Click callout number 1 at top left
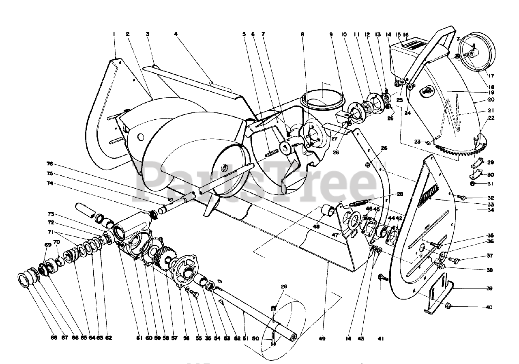coord(114,34)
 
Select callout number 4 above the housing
coord(176,34)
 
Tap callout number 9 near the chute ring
coord(331,34)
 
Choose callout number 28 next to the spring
coord(400,194)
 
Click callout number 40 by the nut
coord(489,307)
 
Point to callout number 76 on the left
coord(49,164)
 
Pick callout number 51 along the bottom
coord(243,338)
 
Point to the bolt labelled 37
coord(454,260)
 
